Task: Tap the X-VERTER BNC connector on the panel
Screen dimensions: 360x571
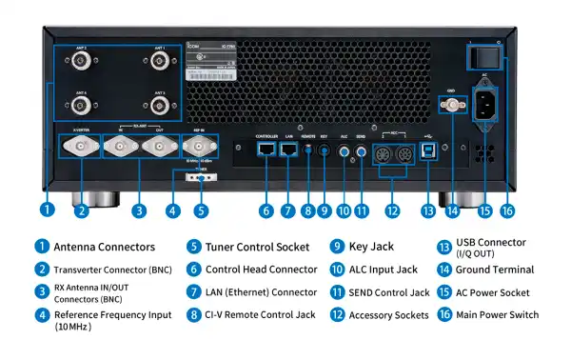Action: (x=80, y=147)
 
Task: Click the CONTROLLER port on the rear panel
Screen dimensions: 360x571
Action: (x=266, y=150)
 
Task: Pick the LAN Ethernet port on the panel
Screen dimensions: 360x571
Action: (x=289, y=150)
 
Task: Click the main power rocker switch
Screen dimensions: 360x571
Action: (x=481, y=58)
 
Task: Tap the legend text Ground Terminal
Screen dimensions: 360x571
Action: (x=494, y=270)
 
